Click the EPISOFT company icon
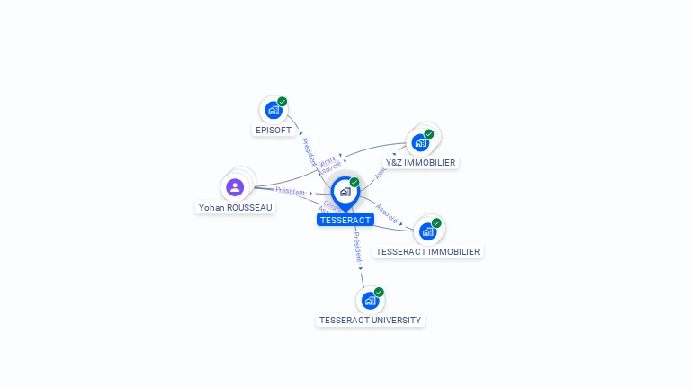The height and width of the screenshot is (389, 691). (x=273, y=111)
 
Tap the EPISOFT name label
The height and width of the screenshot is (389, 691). (x=274, y=130)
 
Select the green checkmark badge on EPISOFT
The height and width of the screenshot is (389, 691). (x=283, y=102)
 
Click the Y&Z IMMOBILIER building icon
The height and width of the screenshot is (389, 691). (x=420, y=142)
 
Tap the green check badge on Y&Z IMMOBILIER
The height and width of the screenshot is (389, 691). (x=429, y=134)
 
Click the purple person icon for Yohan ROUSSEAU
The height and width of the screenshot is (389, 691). (x=235, y=187)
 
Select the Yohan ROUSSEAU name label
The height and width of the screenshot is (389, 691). (x=236, y=207)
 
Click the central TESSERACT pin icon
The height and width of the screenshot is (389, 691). (x=345, y=192)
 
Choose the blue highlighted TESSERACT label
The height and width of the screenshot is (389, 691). (x=345, y=220)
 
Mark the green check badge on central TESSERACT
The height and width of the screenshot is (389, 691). (x=354, y=183)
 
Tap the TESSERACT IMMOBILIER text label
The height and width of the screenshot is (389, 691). (x=427, y=252)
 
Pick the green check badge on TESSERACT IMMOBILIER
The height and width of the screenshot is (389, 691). (x=436, y=223)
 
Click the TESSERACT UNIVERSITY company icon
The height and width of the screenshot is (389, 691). (x=370, y=301)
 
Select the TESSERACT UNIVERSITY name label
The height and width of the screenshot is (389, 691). (x=370, y=321)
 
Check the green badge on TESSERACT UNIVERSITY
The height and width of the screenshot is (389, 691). (x=379, y=293)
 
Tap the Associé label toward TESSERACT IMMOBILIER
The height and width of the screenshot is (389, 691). (x=388, y=213)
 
